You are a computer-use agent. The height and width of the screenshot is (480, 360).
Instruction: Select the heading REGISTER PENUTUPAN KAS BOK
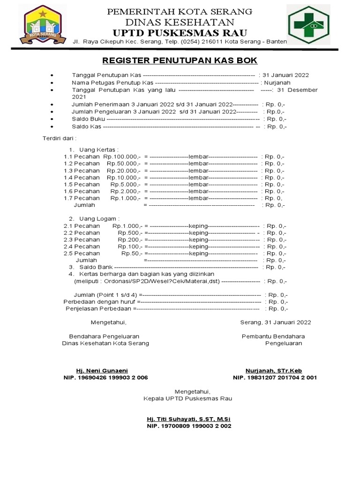180,60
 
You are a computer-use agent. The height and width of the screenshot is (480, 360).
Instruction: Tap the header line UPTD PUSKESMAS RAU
180,32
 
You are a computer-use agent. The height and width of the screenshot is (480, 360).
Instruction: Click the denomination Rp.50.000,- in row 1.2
123,164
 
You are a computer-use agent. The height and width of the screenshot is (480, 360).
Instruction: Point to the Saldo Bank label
92,267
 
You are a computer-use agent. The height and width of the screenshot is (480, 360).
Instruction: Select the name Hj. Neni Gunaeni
98,370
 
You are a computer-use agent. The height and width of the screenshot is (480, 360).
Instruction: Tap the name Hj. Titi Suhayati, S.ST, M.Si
188,419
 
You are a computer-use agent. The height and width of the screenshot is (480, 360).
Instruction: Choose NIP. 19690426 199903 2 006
105,377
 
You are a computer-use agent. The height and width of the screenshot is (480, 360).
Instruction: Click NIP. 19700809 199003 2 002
189,426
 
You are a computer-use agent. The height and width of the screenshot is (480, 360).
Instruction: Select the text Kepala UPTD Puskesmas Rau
187,398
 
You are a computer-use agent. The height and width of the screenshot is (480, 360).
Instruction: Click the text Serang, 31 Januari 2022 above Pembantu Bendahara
275,322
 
